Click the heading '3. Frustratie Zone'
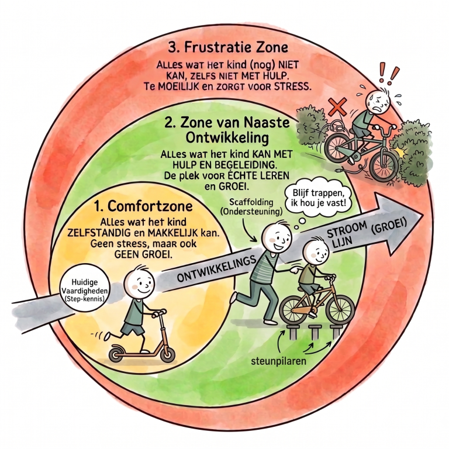tap(228, 47)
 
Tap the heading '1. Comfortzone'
tap(143, 206)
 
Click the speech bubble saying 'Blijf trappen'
tap(317, 197)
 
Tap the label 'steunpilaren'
tap(278, 361)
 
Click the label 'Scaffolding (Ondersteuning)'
tap(251, 207)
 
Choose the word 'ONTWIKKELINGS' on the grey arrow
tap(216, 268)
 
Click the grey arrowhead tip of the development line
tap(423, 214)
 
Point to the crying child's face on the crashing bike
tap(379, 102)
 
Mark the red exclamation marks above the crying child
tap(389, 73)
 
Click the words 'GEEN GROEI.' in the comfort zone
tap(143, 254)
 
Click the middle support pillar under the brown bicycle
tap(315, 331)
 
